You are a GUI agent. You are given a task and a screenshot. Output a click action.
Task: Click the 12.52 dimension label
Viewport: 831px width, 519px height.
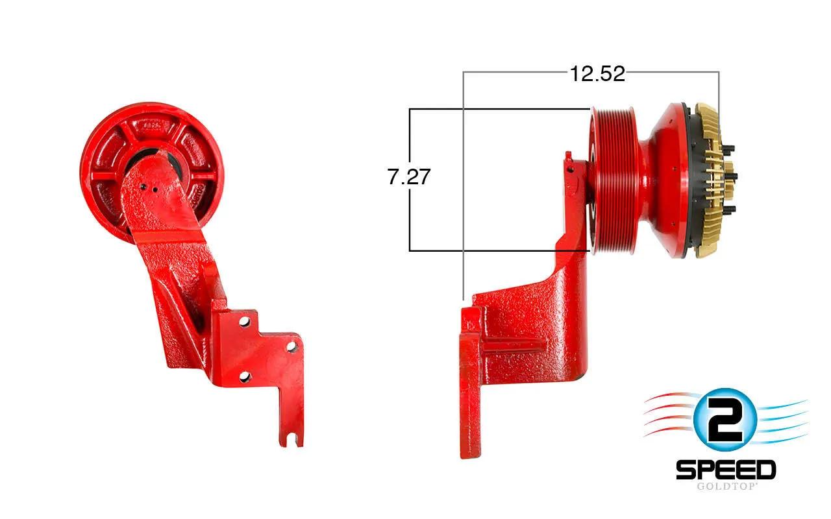[597, 73]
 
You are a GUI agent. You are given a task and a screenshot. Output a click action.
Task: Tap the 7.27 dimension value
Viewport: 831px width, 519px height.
[409, 176]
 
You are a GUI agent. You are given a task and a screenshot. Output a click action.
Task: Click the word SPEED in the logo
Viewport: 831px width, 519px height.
[726, 470]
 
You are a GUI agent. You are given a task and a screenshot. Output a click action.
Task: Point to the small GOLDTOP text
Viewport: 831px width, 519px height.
[726, 486]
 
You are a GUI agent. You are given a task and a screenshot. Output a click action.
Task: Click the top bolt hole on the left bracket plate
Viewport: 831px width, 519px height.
[245, 321]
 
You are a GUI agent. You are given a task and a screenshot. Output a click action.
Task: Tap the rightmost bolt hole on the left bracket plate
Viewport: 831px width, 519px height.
[292, 347]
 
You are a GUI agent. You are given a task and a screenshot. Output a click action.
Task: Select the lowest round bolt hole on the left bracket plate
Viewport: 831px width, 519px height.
[245, 378]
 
